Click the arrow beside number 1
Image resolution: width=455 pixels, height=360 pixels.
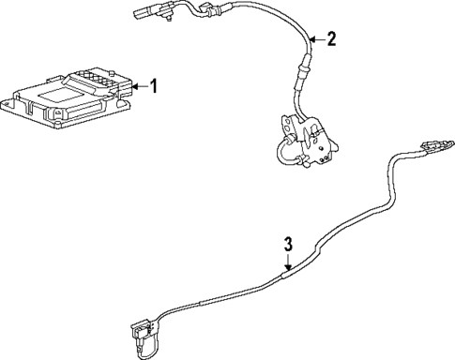(139, 87)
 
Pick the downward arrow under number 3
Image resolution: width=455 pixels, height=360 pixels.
(289, 262)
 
